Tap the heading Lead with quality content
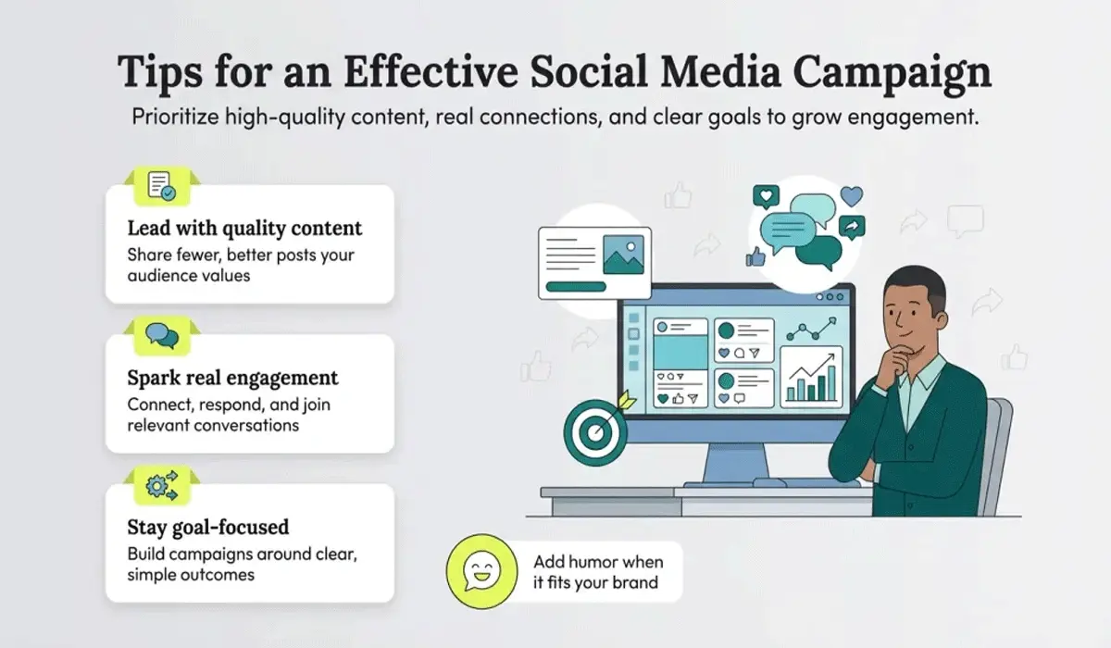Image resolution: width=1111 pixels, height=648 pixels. (244, 228)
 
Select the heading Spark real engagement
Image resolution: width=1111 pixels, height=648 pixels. (232, 378)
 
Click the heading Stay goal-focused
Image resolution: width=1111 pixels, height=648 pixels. (207, 527)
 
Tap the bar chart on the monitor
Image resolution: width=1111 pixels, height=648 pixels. (811, 379)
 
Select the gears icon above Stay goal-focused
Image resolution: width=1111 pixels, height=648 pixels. (163, 486)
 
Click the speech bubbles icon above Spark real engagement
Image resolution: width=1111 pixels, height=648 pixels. (162, 336)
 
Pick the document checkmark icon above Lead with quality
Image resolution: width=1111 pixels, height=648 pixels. (162, 186)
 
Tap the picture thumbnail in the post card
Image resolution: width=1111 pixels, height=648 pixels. (623, 254)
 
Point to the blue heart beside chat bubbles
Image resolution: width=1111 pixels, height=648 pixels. (852, 195)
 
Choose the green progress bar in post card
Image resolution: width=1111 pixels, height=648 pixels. (575, 286)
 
